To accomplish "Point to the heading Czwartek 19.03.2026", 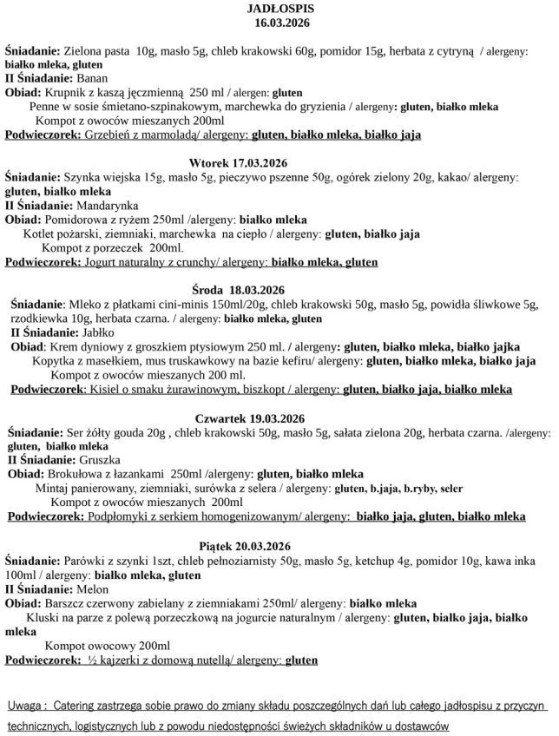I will click(251, 417).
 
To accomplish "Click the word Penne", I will click(45, 107).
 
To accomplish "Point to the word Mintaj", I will click(55, 489).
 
